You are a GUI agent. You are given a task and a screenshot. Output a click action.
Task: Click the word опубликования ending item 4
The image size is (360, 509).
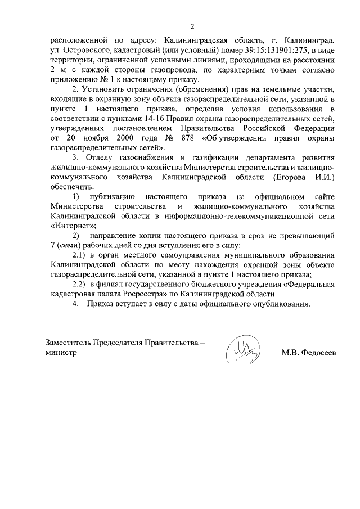pos(280,304)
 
